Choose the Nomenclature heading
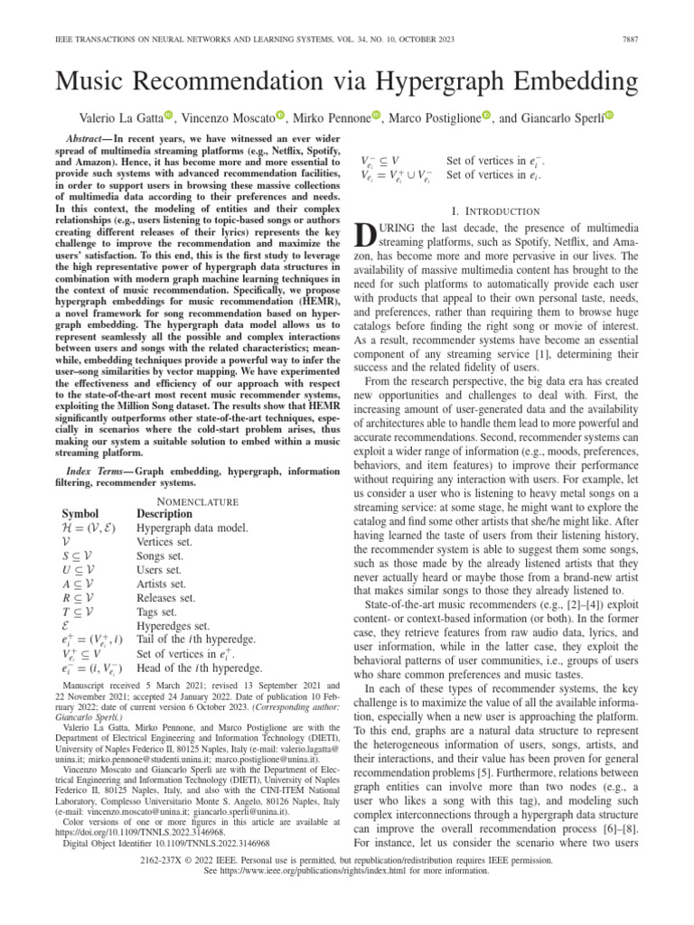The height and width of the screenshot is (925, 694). [x=198, y=500]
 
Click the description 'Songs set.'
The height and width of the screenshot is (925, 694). [x=162, y=556]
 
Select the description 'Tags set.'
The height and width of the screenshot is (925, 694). [x=159, y=612]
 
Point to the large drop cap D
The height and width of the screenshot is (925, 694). [x=367, y=238]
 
